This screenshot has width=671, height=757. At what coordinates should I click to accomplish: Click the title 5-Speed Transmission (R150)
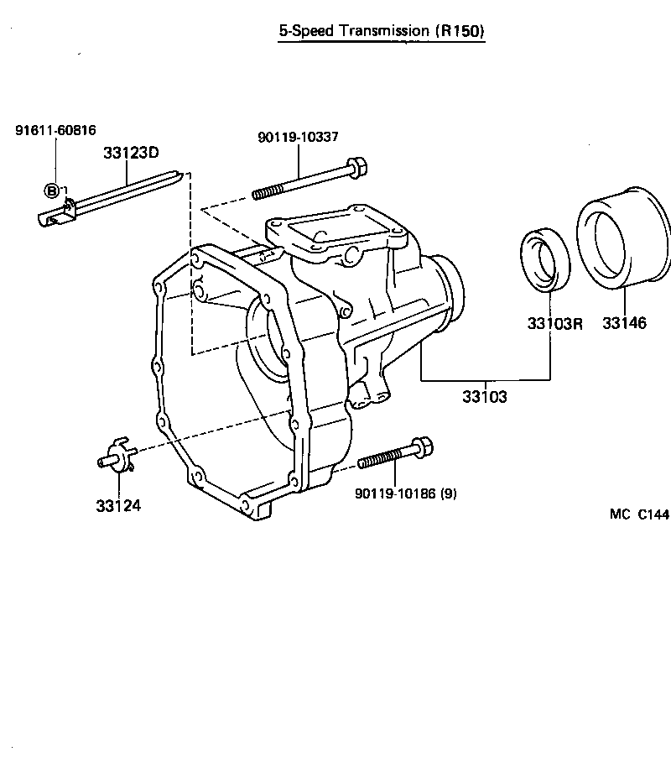click(x=382, y=31)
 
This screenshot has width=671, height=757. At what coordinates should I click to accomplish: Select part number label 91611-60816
click(x=55, y=130)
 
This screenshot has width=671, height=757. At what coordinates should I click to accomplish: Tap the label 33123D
click(x=131, y=153)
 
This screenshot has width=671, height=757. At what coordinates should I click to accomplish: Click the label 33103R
click(x=554, y=323)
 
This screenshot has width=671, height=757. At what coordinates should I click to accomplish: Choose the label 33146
click(x=623, y=323)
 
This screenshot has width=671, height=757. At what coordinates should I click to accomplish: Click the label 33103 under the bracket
click(x=484, y=396)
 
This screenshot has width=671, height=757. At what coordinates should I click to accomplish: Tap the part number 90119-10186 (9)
click(x=406, y=494)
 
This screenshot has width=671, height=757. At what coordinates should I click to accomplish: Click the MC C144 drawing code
click(x=639, y=514)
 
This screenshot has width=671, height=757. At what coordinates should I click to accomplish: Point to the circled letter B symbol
click(x=52, y=191)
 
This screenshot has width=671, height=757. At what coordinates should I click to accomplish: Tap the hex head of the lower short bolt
click(x=424, y=447)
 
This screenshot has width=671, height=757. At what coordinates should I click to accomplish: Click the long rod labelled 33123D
click(x=126, y=195)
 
